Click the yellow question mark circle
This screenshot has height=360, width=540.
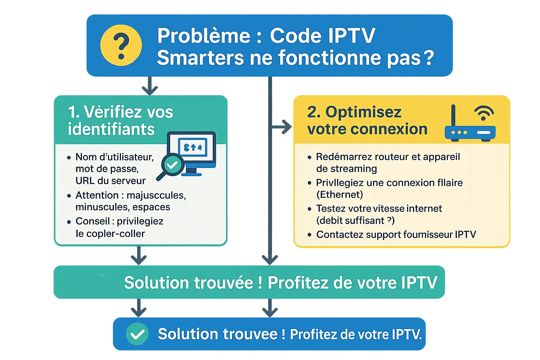click(121, 45)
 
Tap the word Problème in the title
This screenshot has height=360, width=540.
click(204, 36)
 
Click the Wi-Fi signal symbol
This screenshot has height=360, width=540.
click(484, 113)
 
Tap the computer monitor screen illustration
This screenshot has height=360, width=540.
click(192, 148)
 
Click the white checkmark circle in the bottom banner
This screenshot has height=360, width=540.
click(137, 334)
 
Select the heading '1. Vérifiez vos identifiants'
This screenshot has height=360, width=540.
click(120, 121)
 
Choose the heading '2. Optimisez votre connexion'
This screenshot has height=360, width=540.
click(367, 121)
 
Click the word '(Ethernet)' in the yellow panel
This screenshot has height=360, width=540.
click(339, 195)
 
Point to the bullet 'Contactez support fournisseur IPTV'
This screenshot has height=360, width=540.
click(396, 234)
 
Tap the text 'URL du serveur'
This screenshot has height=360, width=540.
click(110, 181)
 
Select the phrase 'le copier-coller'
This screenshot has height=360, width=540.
click(110, 233)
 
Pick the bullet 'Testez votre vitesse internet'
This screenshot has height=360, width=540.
click(379, 208)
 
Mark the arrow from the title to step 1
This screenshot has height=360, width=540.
click(150, 86)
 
